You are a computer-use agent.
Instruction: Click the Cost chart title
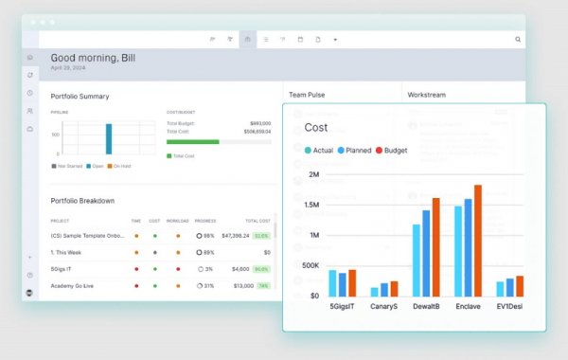point(316,127)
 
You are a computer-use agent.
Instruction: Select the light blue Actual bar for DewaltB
point(417,260)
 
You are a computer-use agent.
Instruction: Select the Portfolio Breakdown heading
point(82,200)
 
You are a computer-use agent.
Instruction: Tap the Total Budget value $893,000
point(260,123)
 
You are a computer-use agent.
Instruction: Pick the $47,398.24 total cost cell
point(235,235)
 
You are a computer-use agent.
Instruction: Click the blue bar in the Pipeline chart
point(109,138)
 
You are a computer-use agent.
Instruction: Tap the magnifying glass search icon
point(518,40)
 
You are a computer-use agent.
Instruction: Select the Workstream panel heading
point(426,95)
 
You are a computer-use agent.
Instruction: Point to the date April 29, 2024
point(67,69)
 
